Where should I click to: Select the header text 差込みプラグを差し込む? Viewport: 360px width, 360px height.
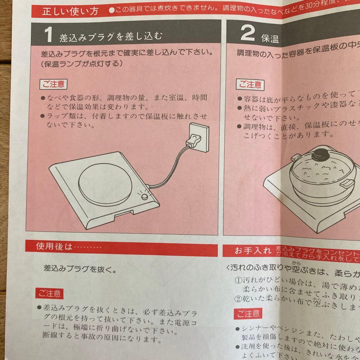click(111, 37)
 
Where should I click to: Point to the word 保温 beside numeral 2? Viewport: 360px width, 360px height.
click(270, 39)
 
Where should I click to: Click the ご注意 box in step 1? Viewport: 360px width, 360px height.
click(54, 84)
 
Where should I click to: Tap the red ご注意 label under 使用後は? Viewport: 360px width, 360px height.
click(49, 293)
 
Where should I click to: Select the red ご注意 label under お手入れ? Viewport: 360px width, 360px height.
click(248, 314)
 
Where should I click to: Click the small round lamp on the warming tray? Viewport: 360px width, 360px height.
click(145, 197)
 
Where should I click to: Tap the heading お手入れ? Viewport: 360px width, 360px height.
click(253, 251)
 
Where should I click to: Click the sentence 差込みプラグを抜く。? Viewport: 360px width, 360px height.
click(80, 269)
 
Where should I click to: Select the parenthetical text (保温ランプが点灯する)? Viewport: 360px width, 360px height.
click(80, 64)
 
